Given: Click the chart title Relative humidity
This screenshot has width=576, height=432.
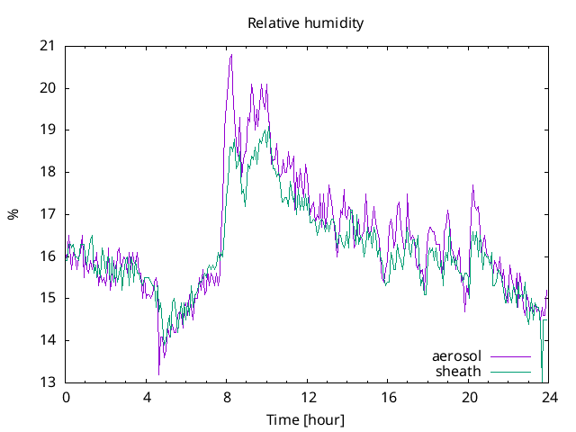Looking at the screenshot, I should [x=306, y=23].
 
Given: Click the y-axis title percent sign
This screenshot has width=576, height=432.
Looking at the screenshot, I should [x=13, y=214].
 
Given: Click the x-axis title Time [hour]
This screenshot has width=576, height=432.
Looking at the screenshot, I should [x=306, y=420].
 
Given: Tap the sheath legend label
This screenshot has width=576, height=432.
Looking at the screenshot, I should [x=458, y=371].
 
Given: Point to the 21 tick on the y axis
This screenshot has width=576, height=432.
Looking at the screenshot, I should [x=47, y=46].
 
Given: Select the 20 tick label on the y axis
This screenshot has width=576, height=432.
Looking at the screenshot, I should [x=47, y=88].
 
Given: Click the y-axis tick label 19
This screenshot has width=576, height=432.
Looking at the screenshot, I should [x=47, y=130].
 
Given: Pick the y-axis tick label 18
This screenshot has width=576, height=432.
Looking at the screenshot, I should [x=47, y=172].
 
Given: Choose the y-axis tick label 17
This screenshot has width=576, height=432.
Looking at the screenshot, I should [x=47, y=214].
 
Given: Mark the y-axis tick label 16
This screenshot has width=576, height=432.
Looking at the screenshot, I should [x=47, y=256].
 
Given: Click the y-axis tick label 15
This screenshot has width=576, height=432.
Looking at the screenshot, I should [x=47, y=298].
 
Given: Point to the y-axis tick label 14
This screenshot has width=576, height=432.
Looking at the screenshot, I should [x=47, y=340].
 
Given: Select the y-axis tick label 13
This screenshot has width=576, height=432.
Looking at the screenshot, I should [x=47, y=382].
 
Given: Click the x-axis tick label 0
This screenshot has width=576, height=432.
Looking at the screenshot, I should [x=66, y=398].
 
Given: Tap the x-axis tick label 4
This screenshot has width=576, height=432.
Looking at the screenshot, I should [x=147, y=398].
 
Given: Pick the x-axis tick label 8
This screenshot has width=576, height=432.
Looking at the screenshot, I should [x=227, y=398].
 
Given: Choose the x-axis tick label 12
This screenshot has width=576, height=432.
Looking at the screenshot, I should [x=308, y=398].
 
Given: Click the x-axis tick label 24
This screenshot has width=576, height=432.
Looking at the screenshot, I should [x=549, y=398].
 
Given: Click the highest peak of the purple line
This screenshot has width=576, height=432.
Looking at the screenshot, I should [x=231, y=55].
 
